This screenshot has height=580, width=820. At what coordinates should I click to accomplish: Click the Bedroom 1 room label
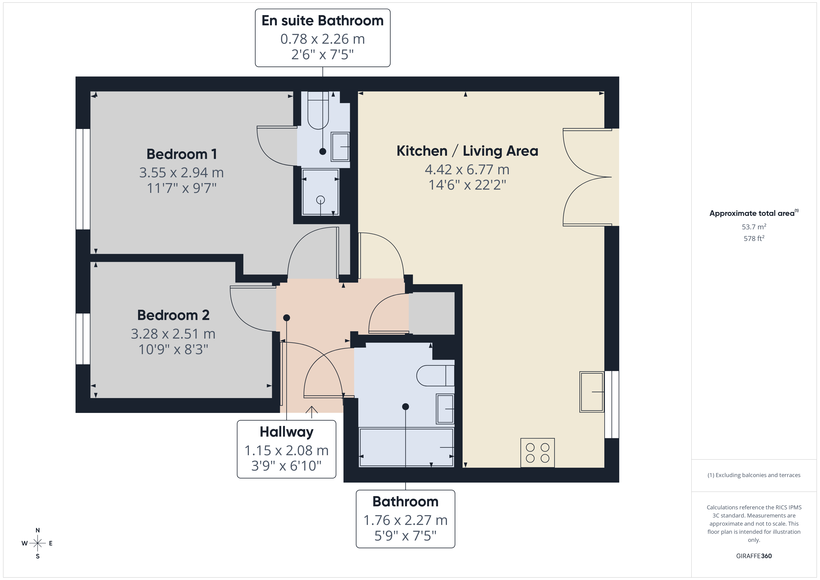coord(182,154)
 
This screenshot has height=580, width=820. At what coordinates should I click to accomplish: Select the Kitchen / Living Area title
coord(467,151)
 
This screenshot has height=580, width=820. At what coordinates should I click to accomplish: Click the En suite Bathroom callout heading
coord(323,21)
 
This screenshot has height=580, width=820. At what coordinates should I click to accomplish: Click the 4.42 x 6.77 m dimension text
coord(467,169)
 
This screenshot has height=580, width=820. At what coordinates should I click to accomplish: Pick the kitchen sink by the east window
coord(592,392)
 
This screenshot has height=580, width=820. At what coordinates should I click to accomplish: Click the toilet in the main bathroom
coord(435,376)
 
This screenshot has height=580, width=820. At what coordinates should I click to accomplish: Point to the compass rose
coord(37,543)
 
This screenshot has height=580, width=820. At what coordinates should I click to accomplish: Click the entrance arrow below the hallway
coord(312,412)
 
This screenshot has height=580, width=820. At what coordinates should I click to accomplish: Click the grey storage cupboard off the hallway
coord(432,313)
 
